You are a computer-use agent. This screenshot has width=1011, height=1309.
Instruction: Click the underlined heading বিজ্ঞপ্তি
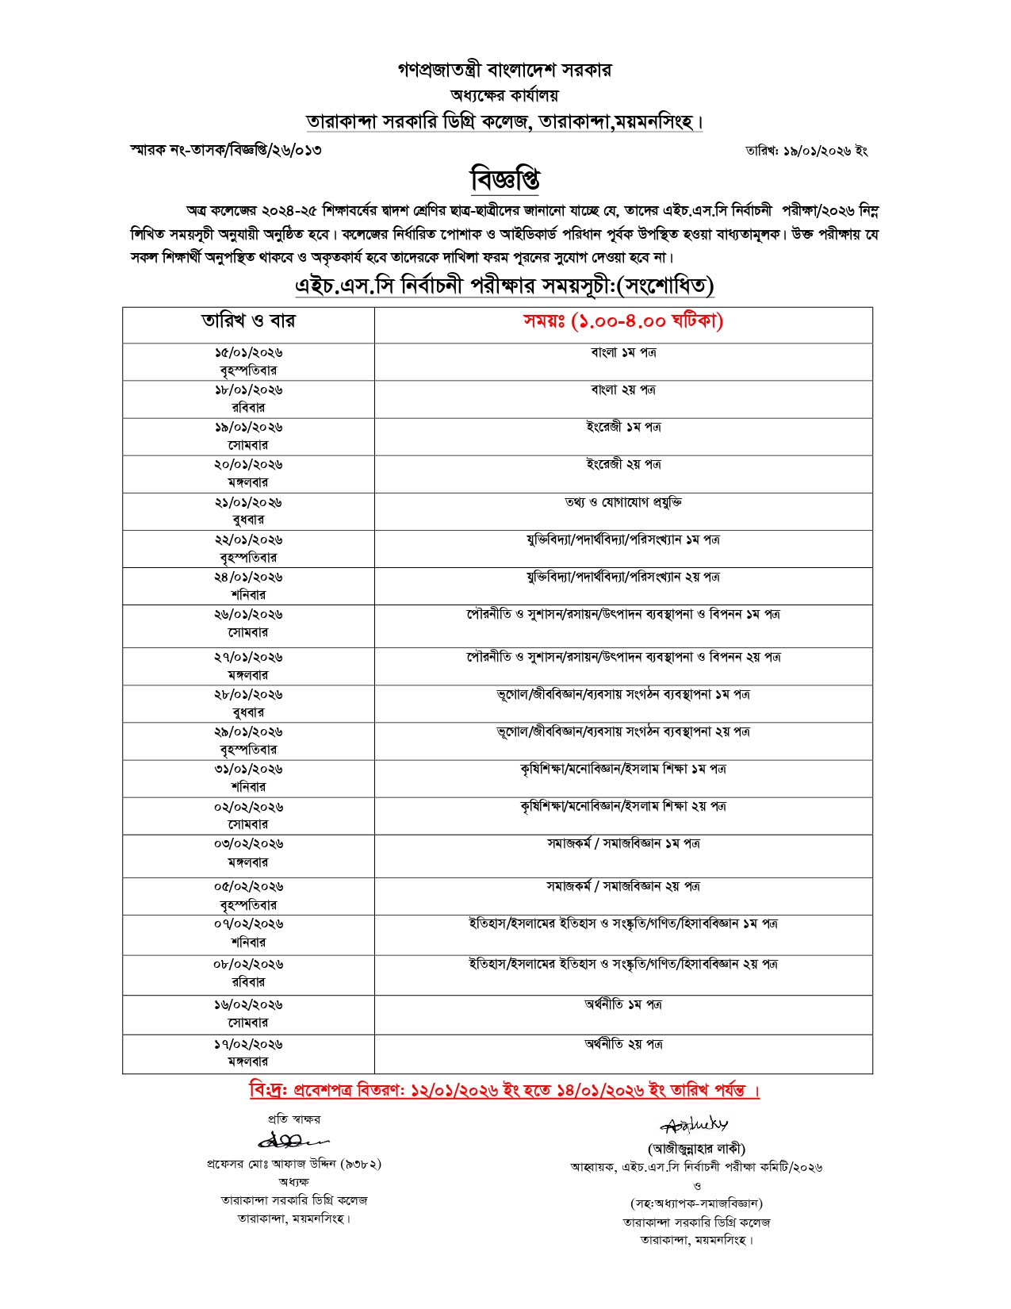[x=505, y=179]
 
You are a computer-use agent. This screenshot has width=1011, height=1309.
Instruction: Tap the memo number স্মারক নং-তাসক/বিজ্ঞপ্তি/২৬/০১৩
[x=226, y=150]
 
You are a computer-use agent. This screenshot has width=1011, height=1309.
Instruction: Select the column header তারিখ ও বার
[x=248, y=321]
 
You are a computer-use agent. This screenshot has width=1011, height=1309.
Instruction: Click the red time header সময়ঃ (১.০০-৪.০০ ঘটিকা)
[x=623, y=321]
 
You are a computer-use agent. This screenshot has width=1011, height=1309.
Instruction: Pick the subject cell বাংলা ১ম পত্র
[x=623, y=352]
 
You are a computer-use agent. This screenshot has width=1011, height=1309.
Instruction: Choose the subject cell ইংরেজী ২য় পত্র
[x=623, y=464]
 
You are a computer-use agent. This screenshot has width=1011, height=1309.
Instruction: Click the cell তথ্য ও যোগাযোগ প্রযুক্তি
[x=623, y=502]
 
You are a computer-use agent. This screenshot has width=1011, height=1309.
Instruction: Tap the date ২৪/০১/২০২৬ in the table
[x=248, y=578]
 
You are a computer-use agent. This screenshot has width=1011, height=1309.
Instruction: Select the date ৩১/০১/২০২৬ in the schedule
[x=248, y=770]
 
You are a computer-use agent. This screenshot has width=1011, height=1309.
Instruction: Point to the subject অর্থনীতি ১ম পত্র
[x=623, y=1004]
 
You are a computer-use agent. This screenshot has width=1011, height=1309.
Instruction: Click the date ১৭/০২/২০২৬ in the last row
[x=248, y=1045]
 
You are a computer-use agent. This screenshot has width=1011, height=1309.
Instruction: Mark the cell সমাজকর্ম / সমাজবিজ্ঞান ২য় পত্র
[x=623, y=886]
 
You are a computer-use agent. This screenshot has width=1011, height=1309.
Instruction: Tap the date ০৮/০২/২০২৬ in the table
[x=248, y=965]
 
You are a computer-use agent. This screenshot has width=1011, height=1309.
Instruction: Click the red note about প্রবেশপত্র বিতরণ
[x=504, y=1090]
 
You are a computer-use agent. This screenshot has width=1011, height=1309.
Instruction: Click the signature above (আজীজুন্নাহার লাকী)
[x=695, y=1125]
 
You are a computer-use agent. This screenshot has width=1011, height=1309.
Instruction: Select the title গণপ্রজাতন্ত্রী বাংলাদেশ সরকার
[x=504, y=70]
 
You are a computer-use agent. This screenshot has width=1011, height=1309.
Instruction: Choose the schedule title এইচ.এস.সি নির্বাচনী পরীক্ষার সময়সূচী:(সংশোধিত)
[x=504, y=286]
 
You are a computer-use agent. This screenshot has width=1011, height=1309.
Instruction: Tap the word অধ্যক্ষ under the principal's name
[x=293, y=1182]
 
